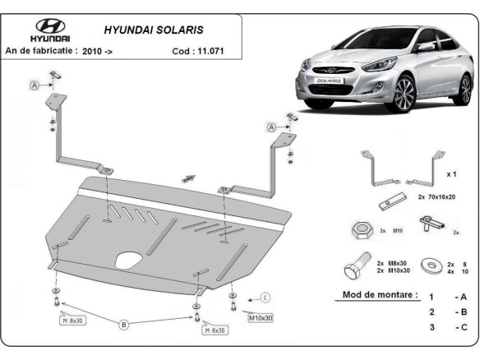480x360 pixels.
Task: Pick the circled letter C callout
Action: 265,298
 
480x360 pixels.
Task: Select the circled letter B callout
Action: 124,325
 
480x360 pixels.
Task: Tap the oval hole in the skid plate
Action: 128,261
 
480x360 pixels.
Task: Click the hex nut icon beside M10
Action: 362,229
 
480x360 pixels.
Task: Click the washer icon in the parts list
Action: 427,265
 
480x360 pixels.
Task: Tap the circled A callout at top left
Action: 35,85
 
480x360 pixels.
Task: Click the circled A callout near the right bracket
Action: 270,127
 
